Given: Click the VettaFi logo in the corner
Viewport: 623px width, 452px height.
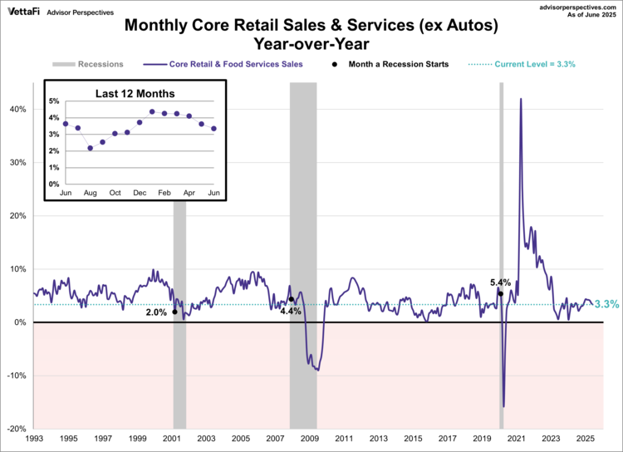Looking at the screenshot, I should point(23,12).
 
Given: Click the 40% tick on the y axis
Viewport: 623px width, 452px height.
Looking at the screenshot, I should point(18,110).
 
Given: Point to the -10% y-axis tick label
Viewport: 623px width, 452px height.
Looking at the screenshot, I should point(17,376).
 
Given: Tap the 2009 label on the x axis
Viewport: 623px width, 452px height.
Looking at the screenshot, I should point(309,437).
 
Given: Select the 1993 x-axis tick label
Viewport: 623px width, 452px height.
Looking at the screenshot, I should point(34,437).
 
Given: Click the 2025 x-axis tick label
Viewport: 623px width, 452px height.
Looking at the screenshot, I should point(586,437).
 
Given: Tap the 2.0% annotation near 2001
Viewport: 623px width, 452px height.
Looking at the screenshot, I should point(156,312).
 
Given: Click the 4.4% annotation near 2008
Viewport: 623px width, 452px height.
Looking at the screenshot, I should point(290,311).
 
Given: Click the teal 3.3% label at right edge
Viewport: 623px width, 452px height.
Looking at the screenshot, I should point(607,305).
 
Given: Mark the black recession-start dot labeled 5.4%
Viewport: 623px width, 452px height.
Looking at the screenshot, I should point(500,293).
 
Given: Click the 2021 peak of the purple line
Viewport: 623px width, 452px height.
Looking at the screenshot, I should point(520,99).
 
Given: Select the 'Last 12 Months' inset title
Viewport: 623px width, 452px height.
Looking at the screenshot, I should point(129,93).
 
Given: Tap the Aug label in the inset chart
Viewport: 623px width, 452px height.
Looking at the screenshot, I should point(90,193).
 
